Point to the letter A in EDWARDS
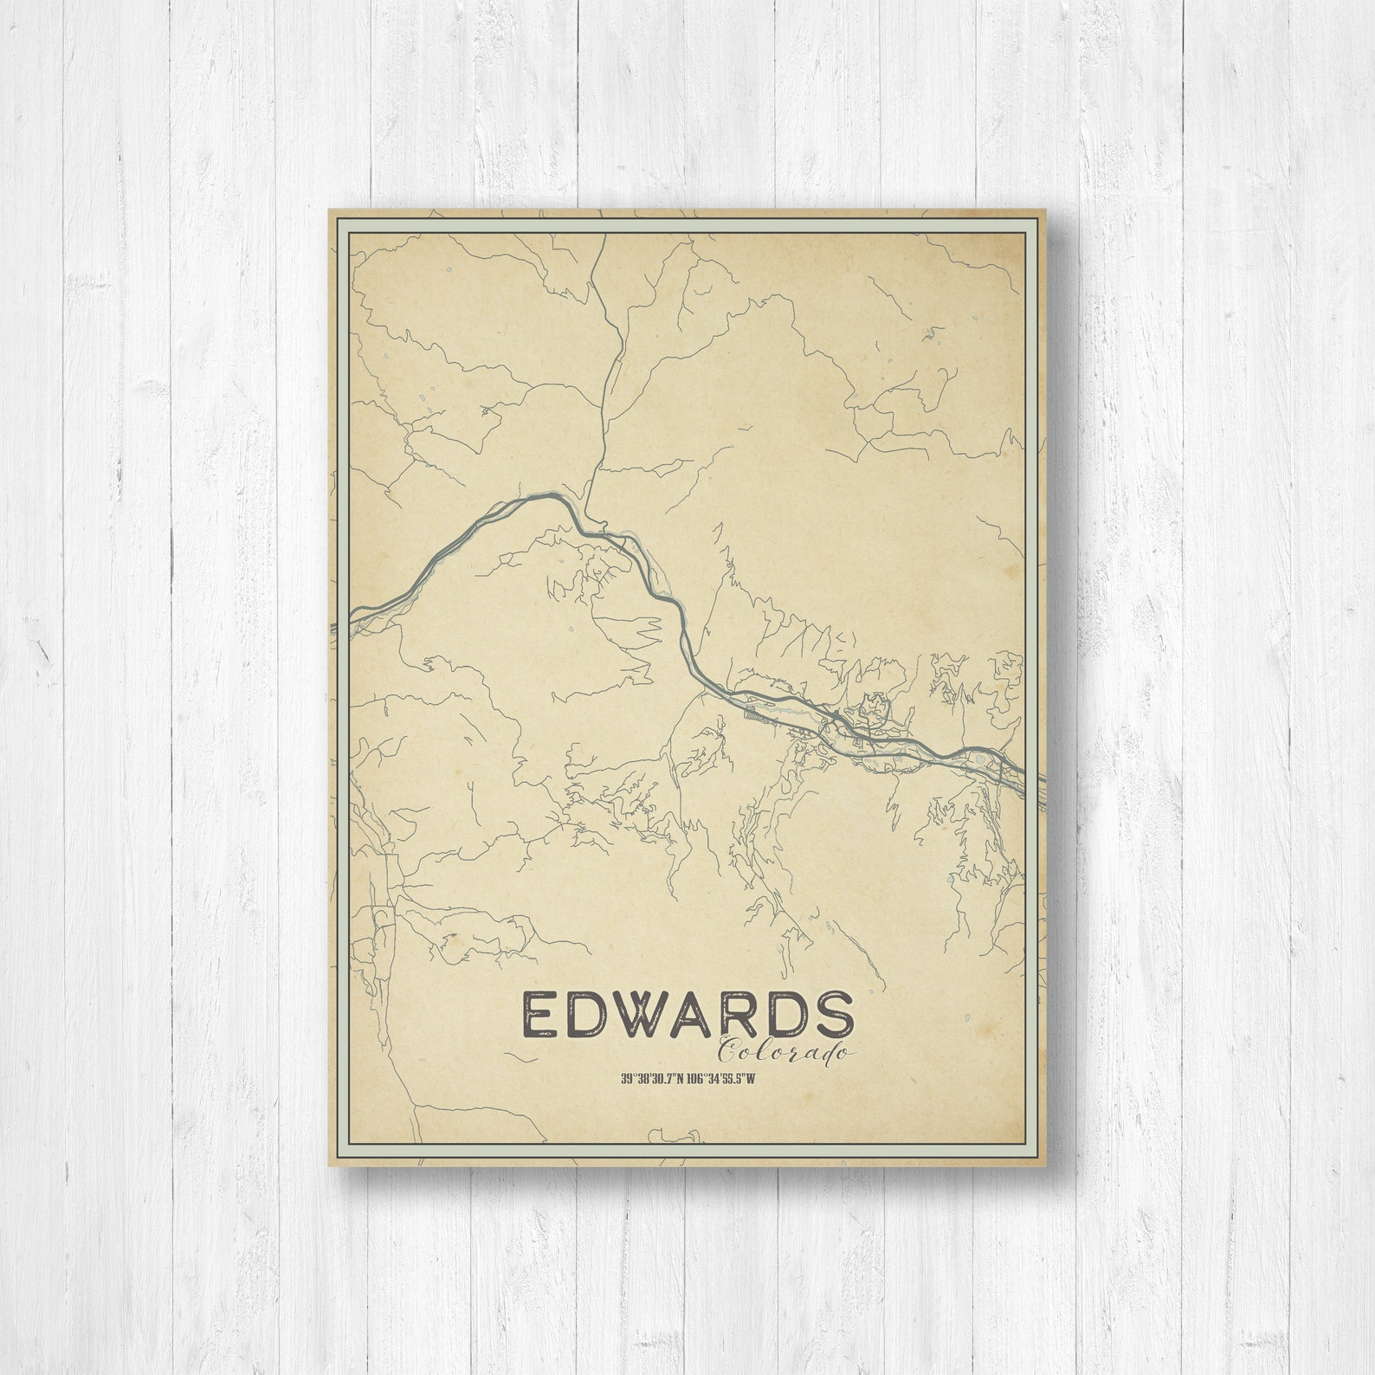point(702,1015)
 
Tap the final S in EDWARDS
point(836,1015)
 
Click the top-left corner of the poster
point(329,208)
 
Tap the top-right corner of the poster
point(1047,208)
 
